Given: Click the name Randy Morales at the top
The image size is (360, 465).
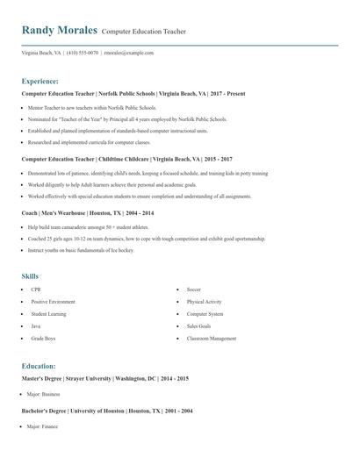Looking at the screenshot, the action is click(59, 30).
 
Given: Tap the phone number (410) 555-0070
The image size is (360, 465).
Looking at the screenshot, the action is click(83, 53).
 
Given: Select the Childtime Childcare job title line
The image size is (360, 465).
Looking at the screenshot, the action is click(126, 160).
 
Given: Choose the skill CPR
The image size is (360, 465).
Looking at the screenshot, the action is click(36, 289).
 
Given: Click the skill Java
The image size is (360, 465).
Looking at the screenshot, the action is click(37, 325).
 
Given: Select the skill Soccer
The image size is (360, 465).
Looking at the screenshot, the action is click(194, 289).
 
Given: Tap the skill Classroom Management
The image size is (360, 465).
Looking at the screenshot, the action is click(212, 338).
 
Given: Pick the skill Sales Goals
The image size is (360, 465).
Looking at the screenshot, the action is click(198, 325).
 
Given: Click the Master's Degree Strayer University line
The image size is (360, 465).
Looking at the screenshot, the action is click(105, 378).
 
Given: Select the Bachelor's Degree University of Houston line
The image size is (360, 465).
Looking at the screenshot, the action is click(107, 411).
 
